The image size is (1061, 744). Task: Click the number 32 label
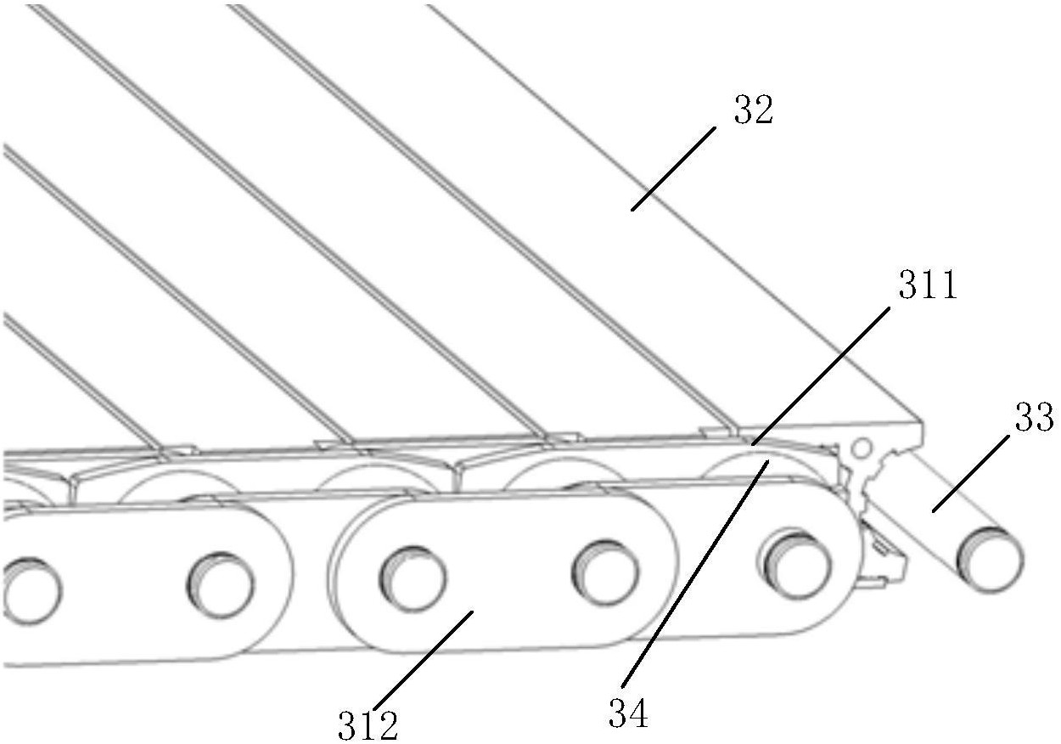tap(754, 111)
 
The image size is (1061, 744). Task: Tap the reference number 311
tap(929, 287)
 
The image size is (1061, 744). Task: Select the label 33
tap(1034, 418)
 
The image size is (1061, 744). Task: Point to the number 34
tap(629, 714)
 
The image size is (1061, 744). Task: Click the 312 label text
tap(367, 724)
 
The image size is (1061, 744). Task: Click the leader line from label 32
tap(672, 167)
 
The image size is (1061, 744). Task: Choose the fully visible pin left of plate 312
tap(220, 585)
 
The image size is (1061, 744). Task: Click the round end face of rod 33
tap(990, 558)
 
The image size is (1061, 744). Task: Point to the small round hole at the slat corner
tap(861, 447)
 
